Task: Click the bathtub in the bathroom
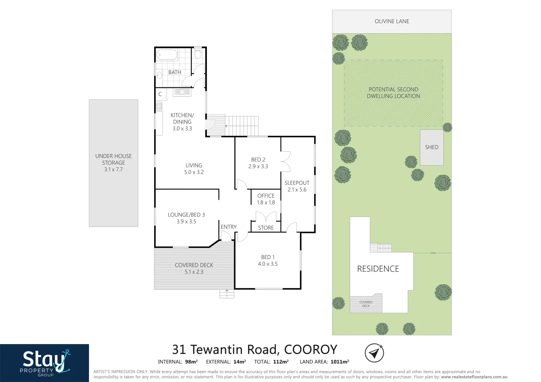[x=167, y=55]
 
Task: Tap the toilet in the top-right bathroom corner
[x=198, y=53]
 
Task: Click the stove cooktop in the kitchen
[x=159, y=106]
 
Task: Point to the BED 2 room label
[x=258, y=160]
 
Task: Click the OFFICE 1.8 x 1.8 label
[x=266, y=199]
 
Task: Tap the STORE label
[x=266, y=228]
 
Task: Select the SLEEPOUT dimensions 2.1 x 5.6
[x=297, y=190]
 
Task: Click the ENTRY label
[x=229, y=227]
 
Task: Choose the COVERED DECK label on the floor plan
[x=194, y=265]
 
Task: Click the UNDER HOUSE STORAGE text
[x=113, y=160]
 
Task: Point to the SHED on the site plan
[x=432, y=147]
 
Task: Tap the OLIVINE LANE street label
[x=392, y=21]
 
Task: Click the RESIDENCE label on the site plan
[x=378, y=269]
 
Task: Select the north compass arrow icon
[x=374, y=353]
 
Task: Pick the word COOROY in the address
[x=310, y=350]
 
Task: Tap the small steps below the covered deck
[x=227, y=294]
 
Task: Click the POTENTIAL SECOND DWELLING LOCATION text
[x=393, y=93]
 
